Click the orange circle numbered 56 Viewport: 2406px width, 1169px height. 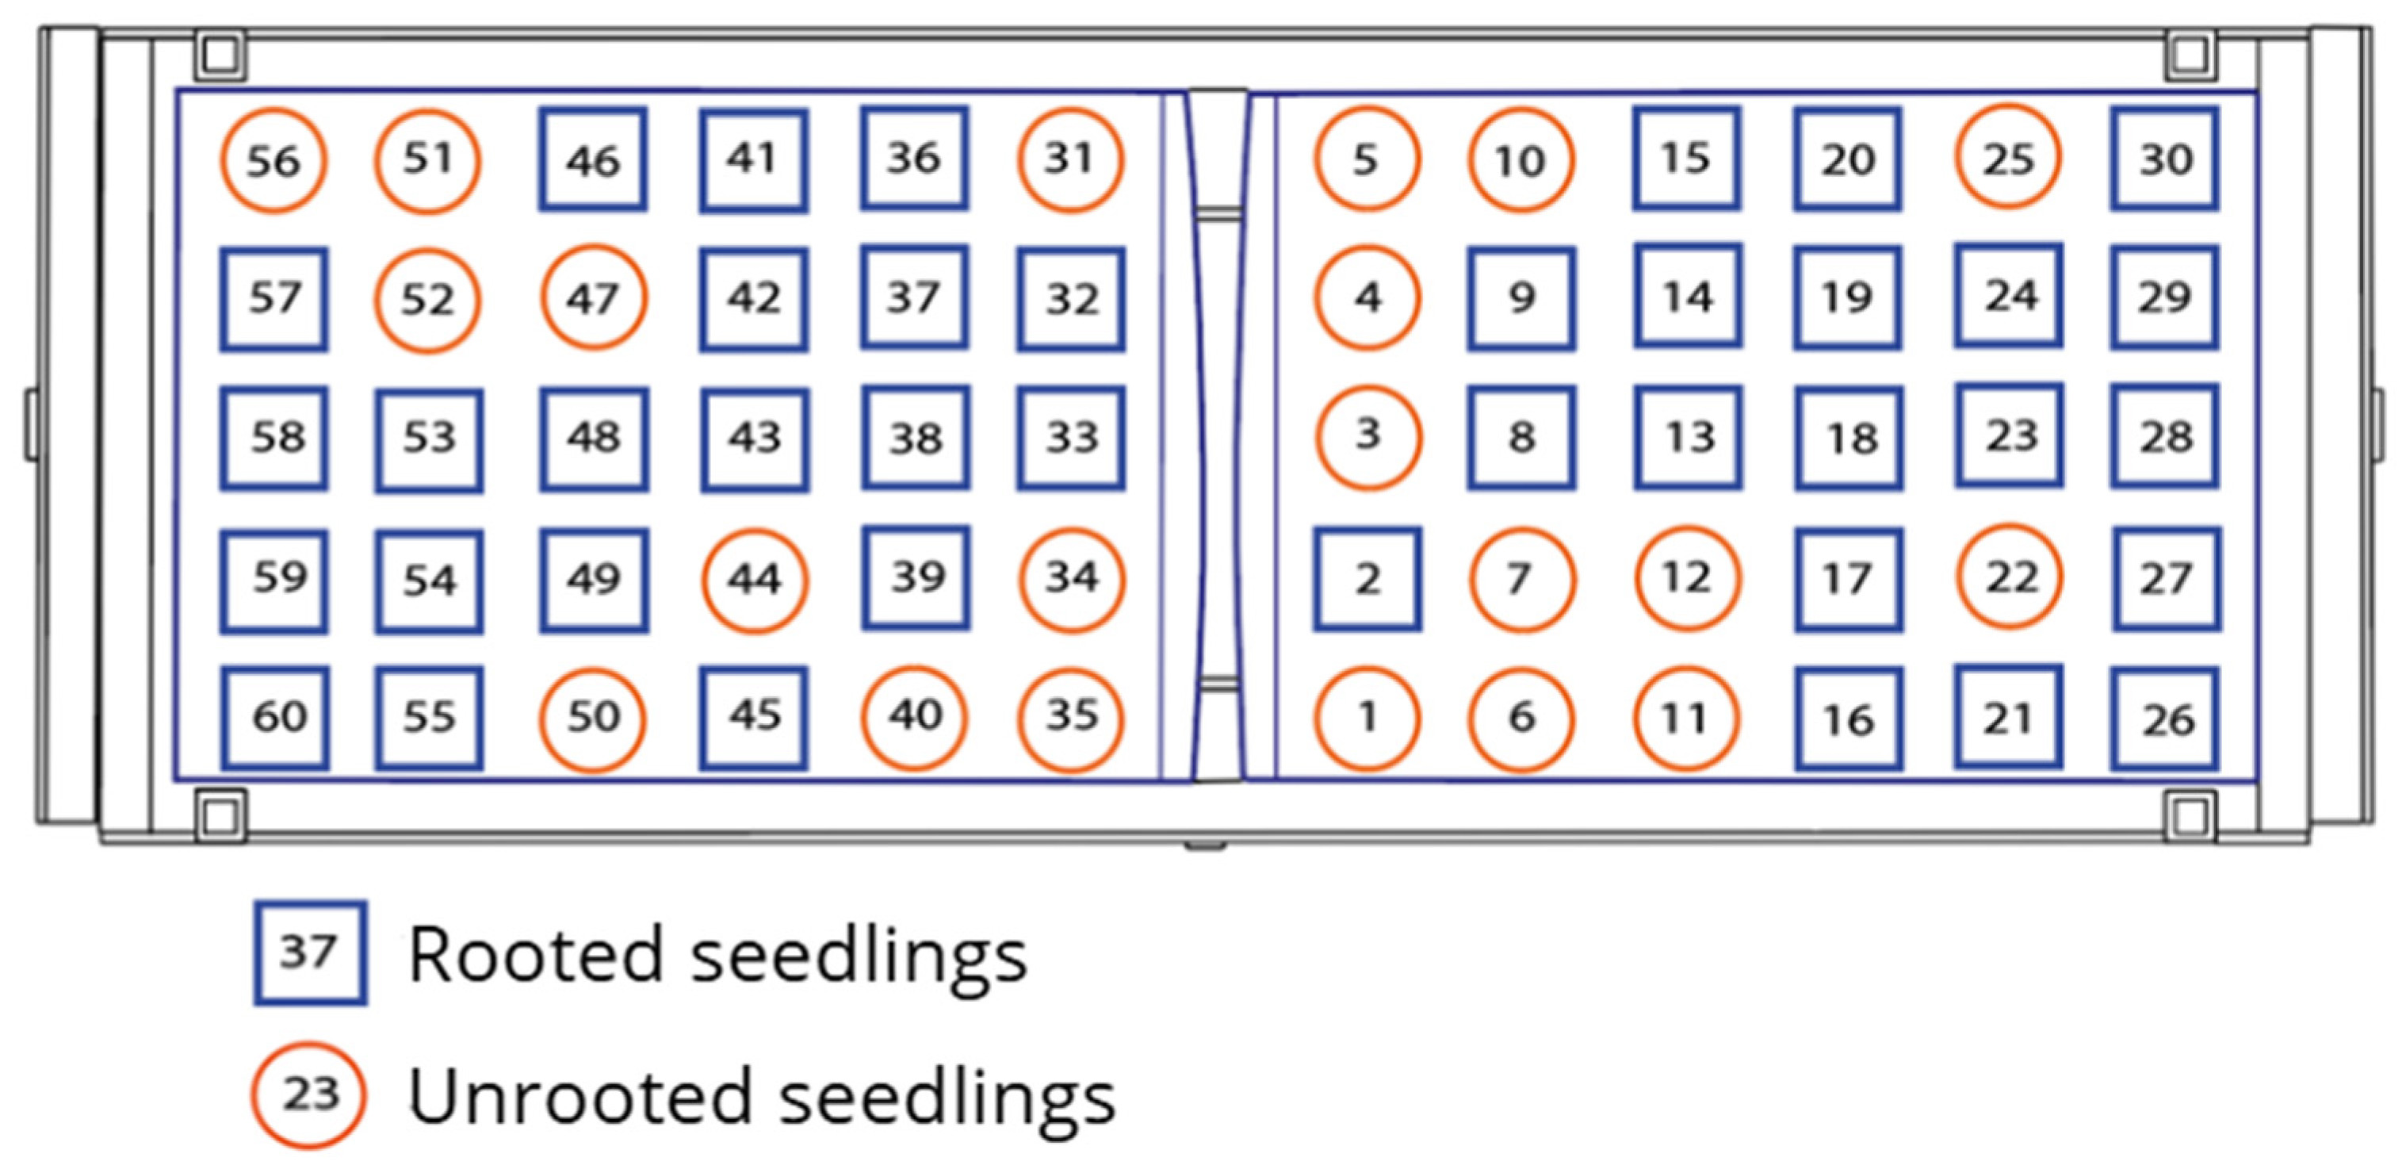coord(273,161)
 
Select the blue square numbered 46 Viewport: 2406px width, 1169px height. coord(593,159)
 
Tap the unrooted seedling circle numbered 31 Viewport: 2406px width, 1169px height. coord(1070,159)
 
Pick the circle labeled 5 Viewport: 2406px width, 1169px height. coord(1367,159)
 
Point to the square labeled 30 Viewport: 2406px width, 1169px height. coord(2165,159)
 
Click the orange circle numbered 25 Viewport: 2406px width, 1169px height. coord(2008,158)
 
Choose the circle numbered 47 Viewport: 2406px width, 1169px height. coord(593,297)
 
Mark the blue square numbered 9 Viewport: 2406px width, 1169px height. coord(1521,298)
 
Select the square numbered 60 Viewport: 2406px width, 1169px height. coord(276,718)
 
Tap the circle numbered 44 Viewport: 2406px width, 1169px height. coord(755,580)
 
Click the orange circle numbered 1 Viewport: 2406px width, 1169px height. coord(1367,718)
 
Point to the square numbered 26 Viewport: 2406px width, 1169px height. coord(2165,719)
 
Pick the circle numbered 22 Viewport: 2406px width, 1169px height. coord(2010,577)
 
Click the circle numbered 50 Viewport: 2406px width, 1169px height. coord(593,719)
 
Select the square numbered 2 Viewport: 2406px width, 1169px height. coord(1367,578)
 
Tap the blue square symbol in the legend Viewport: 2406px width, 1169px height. coord(310,953)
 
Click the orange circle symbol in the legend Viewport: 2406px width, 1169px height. coord(308,1094)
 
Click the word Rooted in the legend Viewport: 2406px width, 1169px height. coord(535,955)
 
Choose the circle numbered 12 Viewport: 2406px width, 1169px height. coord(1687,577)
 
